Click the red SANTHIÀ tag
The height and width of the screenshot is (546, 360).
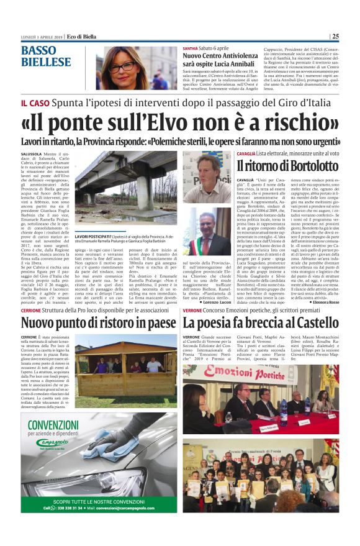tap(190, 48)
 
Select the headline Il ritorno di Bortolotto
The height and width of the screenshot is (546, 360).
tap(287, 166)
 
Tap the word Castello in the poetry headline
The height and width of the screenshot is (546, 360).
tap(310, 323)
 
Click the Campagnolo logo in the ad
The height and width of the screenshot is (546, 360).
tap(56, 444)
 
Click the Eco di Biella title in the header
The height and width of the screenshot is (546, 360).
tap(86, 36)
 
